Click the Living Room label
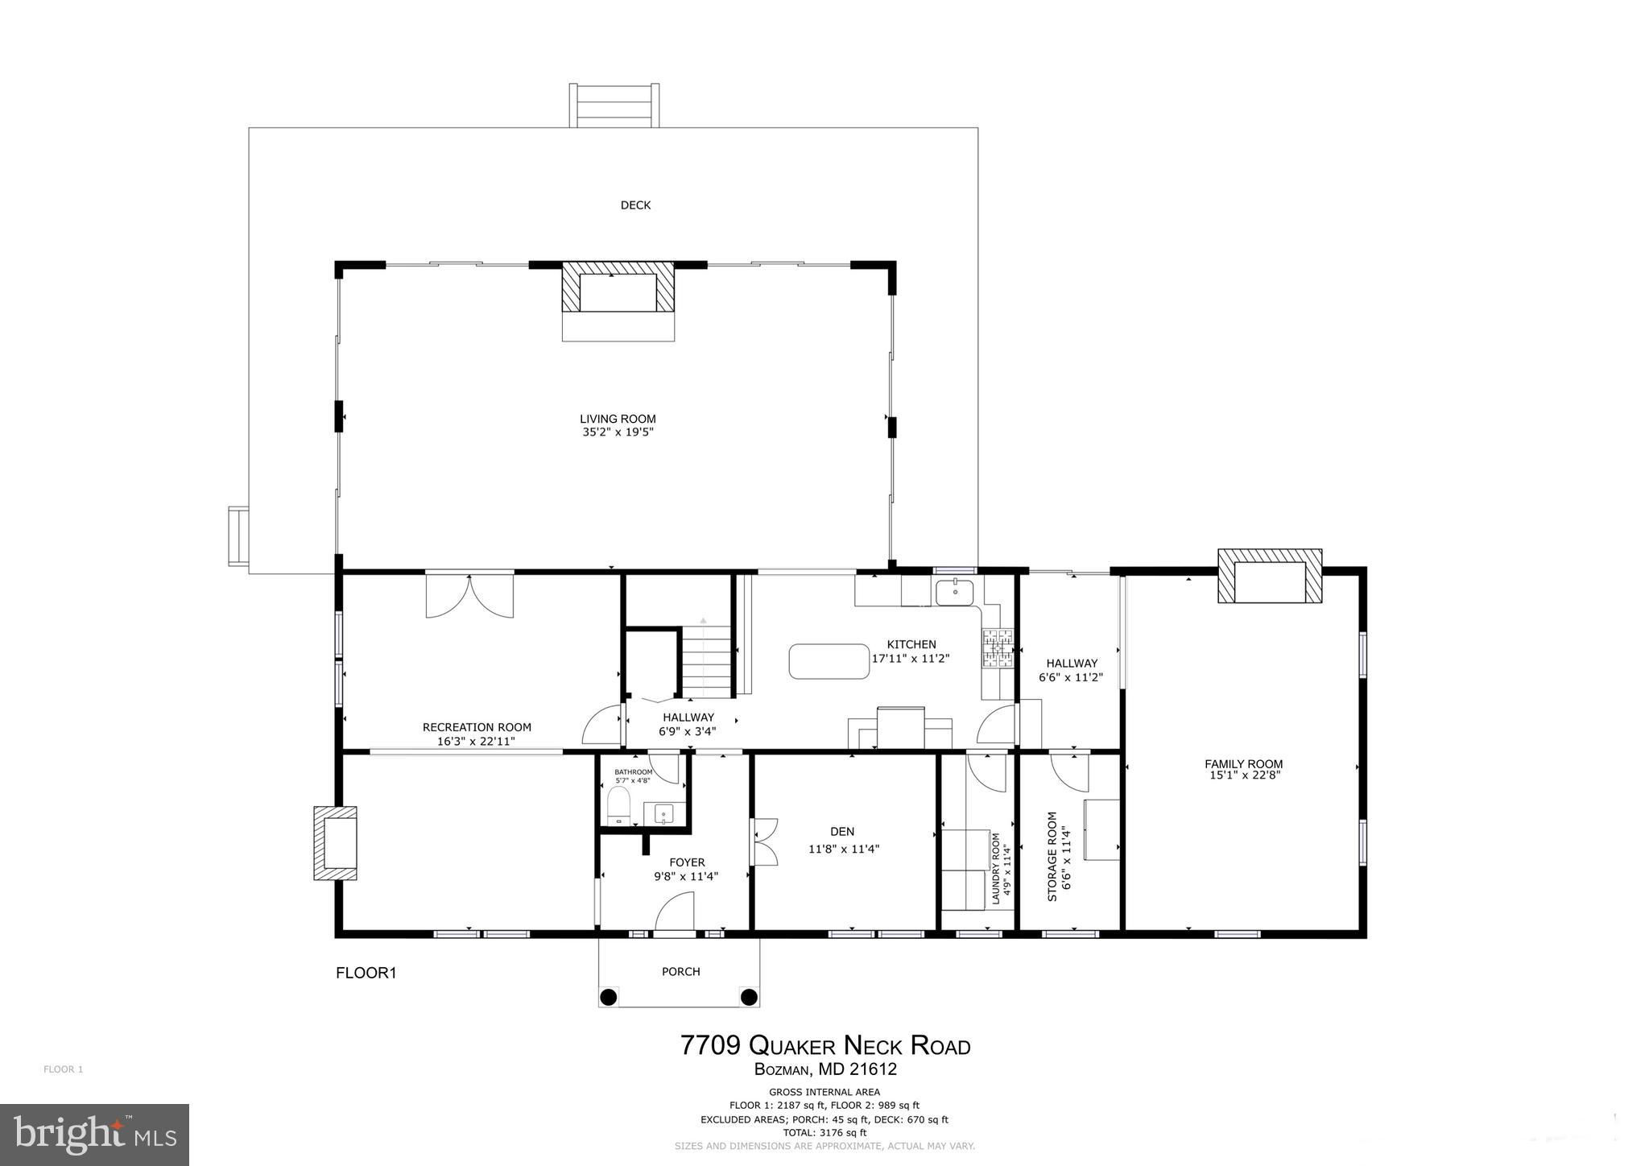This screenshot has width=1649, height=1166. click(x=618, y=419)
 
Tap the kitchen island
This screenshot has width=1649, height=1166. click(x=829, y=661)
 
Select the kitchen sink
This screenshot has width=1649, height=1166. click(x=955, y=591)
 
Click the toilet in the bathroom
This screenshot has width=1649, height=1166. click(x=618, y=806)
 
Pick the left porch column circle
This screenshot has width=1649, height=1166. click(x=609, y=997)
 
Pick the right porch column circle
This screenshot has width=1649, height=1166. click(x=749, y=997)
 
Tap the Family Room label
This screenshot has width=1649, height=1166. click(x=1243, y=764)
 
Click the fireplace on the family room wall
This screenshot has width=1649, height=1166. click(x=1270, y=576)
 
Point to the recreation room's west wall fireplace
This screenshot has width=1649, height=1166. click(x=336, y=843)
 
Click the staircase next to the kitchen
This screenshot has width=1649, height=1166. click(x=707, y=657)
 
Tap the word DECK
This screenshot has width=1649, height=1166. click(x=635, y=205)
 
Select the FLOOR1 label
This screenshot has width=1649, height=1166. click(x=366, y=973)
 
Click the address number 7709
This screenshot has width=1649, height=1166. click(x=711, y=1045)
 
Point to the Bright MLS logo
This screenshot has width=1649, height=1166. click(x=94, y=1135)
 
